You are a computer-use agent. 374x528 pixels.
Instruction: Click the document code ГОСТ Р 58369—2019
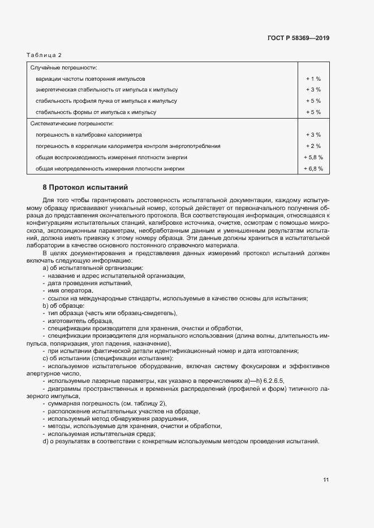pyautogui.click(x=298, y=38)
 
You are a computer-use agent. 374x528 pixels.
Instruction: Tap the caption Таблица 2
pyautogui.click(x=44, y=55)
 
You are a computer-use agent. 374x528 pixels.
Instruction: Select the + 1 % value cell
pyautogui.click(x=313, y=78)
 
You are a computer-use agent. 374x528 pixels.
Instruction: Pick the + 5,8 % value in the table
pyautogui.click(x=313, y=157)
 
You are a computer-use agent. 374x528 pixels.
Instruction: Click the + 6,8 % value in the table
pyautogui.click(x=313, y=168)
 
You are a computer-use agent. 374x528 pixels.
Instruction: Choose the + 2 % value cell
pyautogui.click(x=313, y=146)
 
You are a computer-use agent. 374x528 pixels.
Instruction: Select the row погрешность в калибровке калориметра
pyautogui.click(x=89, y=135)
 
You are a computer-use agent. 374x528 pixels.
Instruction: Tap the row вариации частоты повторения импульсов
pyautogui.click(x=91, y=78)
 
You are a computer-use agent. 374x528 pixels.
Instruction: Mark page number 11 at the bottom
pyautogui.click(x=326, y=480)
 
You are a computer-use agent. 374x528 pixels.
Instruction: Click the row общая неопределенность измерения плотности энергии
pyautogui.click(x=110, y=168)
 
